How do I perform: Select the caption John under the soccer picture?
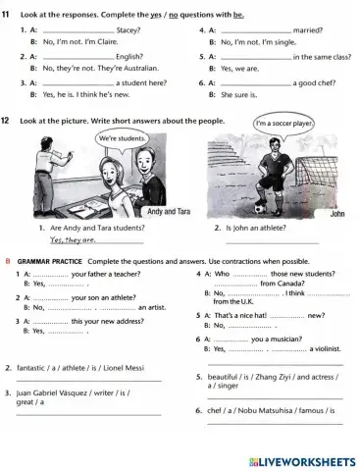pyautogui.click(x=337, y=213)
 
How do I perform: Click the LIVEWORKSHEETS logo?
pyautogui.click(x=302, y=460)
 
